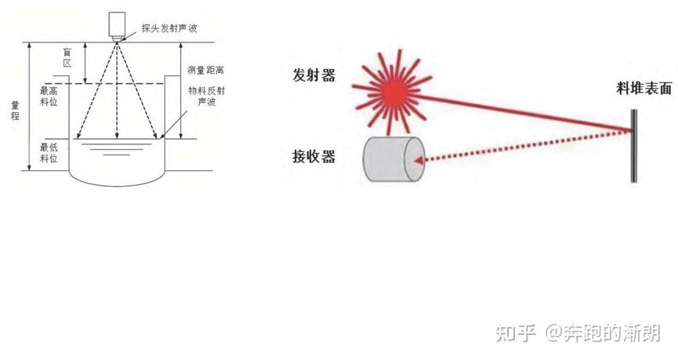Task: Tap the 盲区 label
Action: (68, 57)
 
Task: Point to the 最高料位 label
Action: (49, 97)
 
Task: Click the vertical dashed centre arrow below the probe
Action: (118, 94)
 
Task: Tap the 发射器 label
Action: (314, 75)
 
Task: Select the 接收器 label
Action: (314, 157)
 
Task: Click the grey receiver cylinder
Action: (393, 159)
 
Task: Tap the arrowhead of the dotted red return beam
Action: (419, 162)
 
